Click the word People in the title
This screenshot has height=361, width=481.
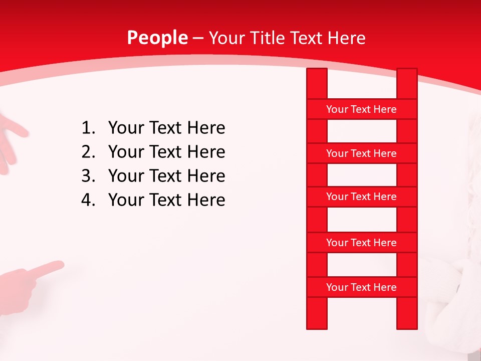pos(157,38)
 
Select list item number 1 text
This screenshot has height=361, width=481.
pos(166,128)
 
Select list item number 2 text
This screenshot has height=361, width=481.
pos(166,152)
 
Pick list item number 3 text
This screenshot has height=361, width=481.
pos(166,176)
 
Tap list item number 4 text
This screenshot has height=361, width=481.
pos(166,200)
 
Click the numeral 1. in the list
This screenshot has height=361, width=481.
pos(88,128)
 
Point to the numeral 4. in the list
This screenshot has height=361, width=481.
pos(88,200)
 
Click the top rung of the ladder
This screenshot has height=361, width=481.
pos(361,109)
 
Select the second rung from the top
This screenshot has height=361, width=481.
pos(361,153)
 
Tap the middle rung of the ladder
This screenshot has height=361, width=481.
pos(361,197)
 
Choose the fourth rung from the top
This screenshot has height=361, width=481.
pos(361,243)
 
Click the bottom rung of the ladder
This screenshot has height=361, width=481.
pos(361,287)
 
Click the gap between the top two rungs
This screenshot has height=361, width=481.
pos(361,131)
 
